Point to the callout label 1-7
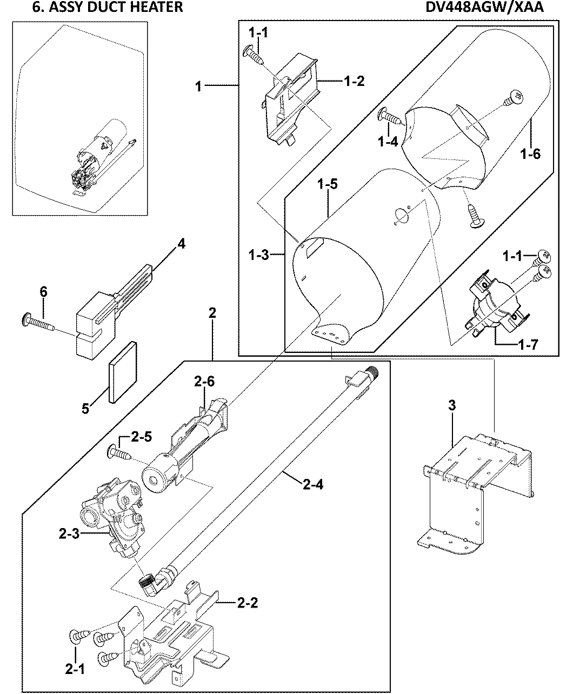[x=527, y=344]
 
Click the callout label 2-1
[x=75, y=670]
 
